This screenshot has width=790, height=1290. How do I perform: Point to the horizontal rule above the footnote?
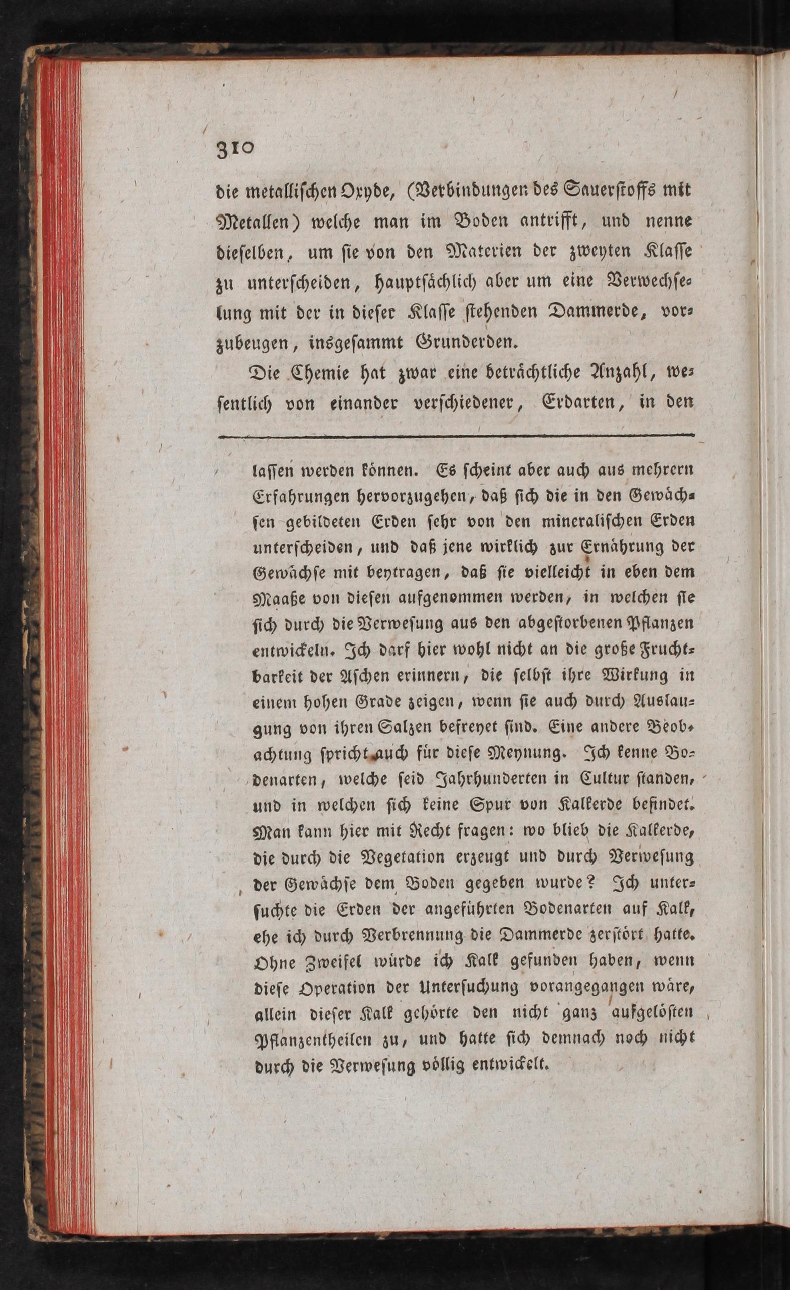tap(456, 435)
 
